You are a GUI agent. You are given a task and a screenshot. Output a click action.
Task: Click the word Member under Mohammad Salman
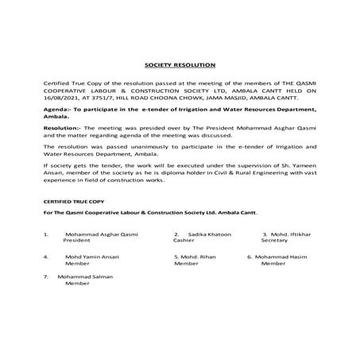(78, 284)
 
